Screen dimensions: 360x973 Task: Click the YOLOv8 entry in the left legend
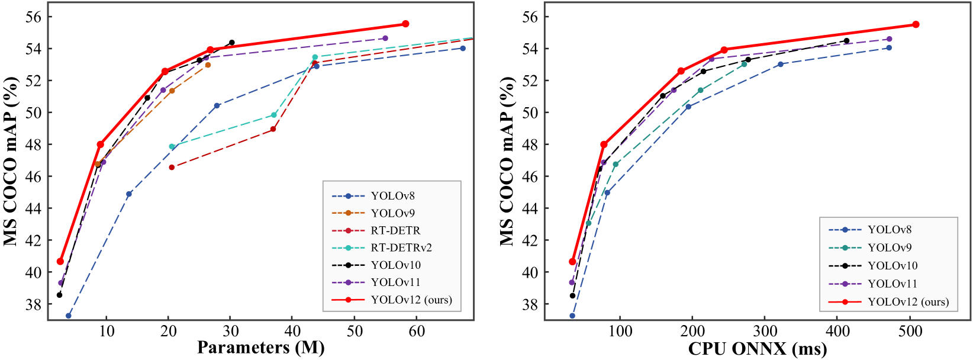click(x=393, y=196)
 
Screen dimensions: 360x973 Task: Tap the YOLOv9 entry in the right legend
click(x=890, y=247)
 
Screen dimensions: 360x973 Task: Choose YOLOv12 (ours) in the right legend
click(x=908, y=302)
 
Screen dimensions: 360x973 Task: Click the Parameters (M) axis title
click(x=260, y=348)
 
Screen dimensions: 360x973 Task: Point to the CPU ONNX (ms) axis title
click(x=758, y=349)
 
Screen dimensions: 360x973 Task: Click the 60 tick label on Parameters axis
click(x=417, y=331)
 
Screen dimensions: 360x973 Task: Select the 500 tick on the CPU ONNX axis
click(x=909, y=331)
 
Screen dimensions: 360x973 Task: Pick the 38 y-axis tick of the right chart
click(x=531, y=304)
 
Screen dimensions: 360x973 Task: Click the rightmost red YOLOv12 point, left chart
click(x=405, y=24)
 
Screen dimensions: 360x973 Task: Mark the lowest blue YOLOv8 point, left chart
click(x=69, y=316)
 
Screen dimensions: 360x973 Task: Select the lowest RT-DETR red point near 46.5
click(x=172, y=167)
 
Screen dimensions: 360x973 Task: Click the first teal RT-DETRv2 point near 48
click(x=172, y=146)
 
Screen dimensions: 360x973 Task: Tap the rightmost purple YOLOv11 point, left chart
click(x=385, y=38)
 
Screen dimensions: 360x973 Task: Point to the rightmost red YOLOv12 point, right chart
click(x=916, y=24)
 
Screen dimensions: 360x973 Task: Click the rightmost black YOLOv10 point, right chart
click(x=846, y=41)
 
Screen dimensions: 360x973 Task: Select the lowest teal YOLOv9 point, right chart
click(x=588, y=223)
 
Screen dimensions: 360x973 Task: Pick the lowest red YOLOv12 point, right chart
click(x=572, y=261)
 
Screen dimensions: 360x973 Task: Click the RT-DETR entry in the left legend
click(x=395, y=230)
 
